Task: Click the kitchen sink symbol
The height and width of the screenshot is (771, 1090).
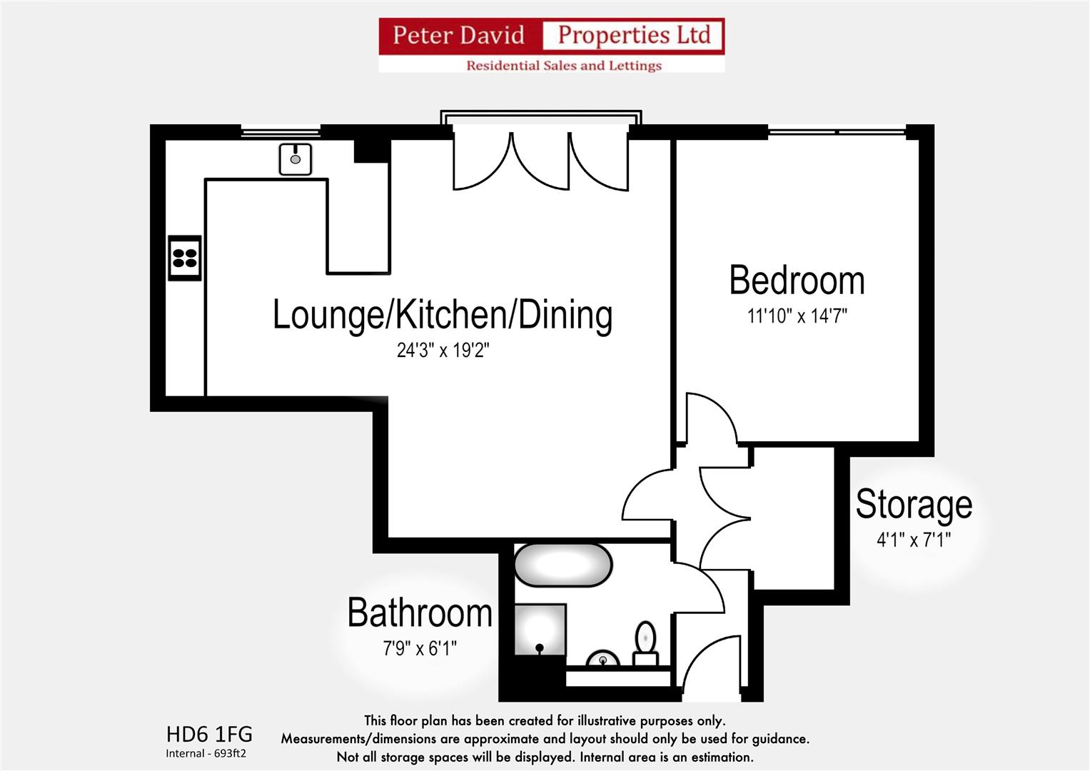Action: tap(295, 158)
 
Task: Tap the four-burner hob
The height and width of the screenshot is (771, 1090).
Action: tap(184, 258)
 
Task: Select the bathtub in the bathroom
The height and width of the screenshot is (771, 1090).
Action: tap(563, 565)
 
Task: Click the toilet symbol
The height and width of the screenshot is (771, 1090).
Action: tap(645, 642)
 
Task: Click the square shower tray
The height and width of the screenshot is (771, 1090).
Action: tap(540, 630)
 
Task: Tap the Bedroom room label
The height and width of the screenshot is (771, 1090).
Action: tap(797, 281)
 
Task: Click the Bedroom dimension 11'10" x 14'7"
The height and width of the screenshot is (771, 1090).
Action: tap(797, 316)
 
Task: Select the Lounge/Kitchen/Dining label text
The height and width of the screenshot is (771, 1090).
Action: tap(443, 315)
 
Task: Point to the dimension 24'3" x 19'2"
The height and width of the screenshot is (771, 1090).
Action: tap(443, 351)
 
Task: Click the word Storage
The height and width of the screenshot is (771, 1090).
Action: tap(914, 504)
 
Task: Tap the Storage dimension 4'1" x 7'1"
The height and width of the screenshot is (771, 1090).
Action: tap(914, 540)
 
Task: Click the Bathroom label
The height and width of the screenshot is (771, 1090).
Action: tap(420, 613)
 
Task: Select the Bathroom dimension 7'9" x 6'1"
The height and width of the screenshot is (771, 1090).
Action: tap(420, 648)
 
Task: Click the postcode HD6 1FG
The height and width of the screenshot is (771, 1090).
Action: tap(209, 734)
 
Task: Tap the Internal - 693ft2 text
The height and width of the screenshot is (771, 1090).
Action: tap(206, 753)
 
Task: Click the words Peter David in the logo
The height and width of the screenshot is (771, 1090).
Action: tap(458, 35)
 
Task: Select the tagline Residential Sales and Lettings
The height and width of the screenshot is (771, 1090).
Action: tap(563, 66)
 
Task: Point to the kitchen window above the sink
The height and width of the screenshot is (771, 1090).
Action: tap(281, 131)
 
